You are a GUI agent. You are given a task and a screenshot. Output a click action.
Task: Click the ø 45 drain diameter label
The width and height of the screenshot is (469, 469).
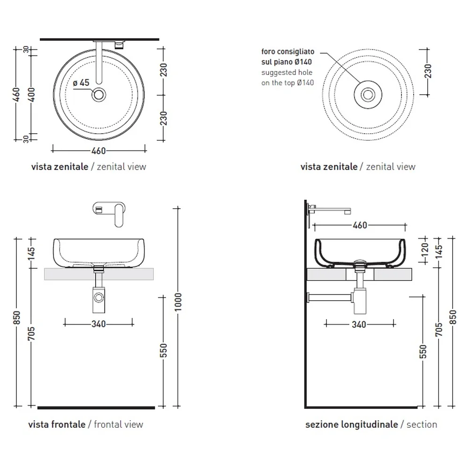(81, 83)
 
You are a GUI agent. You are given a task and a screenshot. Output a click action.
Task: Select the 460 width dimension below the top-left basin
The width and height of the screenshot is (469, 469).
(98, 151)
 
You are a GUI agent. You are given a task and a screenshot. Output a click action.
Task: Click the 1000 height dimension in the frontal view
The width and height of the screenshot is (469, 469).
(178, 302)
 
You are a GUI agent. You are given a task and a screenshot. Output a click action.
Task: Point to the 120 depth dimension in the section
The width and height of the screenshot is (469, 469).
(424, 250)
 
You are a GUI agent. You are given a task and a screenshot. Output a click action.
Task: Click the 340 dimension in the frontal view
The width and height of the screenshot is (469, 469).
(98, 324)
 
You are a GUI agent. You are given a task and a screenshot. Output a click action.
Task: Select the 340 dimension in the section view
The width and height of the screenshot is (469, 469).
(359, 325)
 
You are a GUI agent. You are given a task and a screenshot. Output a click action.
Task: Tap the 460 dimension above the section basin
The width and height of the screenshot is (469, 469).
(360, 225)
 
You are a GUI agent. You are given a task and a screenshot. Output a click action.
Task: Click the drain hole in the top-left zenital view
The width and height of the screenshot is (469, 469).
(98, 95)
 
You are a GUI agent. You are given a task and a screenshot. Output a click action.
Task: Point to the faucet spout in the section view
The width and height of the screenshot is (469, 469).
(332, 210)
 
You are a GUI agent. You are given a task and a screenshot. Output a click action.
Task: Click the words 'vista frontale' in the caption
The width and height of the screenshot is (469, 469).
(57, 424)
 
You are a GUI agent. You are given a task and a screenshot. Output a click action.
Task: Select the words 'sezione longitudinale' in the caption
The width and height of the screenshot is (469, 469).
(352, 424)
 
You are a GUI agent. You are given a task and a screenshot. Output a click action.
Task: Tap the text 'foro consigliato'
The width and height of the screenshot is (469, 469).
(288, 52)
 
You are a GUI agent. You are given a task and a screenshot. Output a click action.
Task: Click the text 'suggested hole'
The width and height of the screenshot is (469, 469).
(287, 72)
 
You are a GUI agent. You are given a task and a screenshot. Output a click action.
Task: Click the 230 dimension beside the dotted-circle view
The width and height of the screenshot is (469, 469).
(428, 71)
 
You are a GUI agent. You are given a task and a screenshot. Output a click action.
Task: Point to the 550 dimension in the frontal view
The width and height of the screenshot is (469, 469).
(163, 350)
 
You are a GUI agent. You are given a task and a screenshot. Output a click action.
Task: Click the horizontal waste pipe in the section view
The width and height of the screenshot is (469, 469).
(330, 297)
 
